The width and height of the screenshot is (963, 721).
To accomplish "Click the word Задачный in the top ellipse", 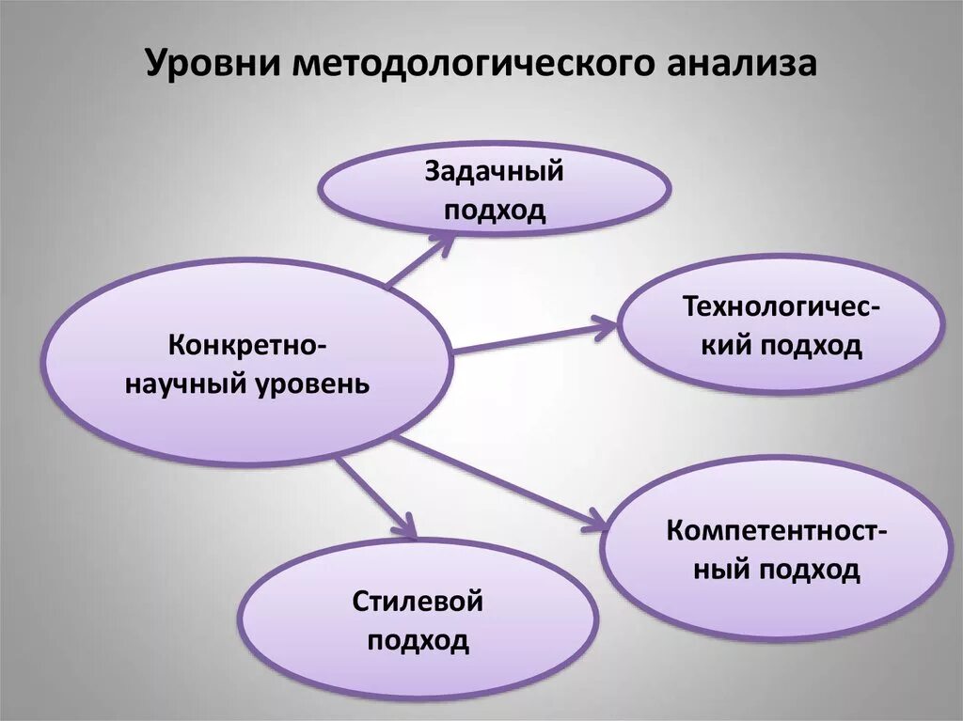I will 495,172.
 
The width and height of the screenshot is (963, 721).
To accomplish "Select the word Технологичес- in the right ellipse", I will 782,307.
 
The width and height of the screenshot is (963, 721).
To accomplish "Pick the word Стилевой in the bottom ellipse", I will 418,602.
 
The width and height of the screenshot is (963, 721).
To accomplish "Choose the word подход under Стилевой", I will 418,641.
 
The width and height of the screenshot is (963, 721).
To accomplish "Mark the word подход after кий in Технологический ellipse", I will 811,346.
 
